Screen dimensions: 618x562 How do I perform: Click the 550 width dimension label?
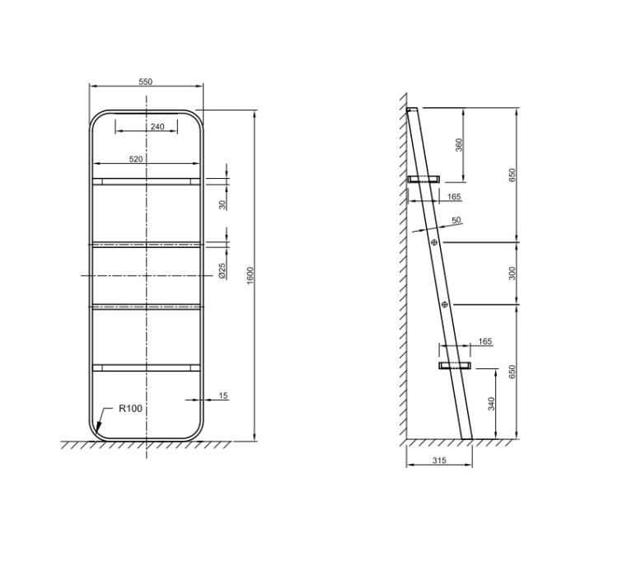pyautogui.click(x=145, y=82)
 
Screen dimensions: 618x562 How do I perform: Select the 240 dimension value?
pyautogui.click(x=157, y=127)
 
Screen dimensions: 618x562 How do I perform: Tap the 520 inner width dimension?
pyautogui.click(x=136, y=159)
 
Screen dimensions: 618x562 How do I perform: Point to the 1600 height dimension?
pyautogui.click(x=250, y=275)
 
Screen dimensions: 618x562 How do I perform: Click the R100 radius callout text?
pyautogui.click(x=130, y=408)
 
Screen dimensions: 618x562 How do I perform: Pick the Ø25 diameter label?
pyautogui.click(x=222, y=271)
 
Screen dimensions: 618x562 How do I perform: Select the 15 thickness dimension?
pyautogui.click(x=223, y=396)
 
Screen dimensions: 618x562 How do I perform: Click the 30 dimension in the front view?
pyautogui.click(x=222, y=205)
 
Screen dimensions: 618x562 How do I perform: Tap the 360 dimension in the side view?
pyautogui.click(x=458, y=145)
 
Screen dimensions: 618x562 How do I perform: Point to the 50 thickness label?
pyautogui.click(x=456, y=220)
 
